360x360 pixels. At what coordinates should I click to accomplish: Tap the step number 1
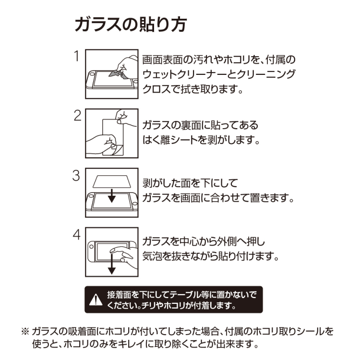click(x=77, y=57)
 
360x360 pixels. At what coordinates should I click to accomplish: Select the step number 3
click(x=76, y=175)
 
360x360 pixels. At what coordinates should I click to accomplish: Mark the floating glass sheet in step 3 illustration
click(x=111, y=180)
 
